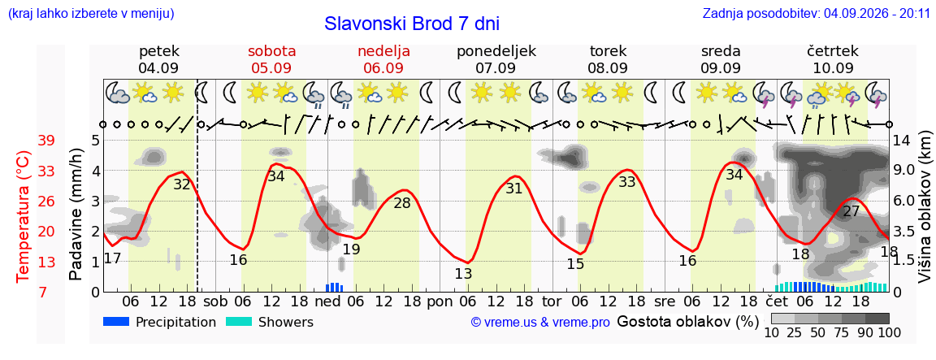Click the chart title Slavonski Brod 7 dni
[412, 24]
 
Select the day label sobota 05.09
[272, 59]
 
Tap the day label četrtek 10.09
[833, 59]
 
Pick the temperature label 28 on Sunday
[402, 202]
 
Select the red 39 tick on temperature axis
[46, 141]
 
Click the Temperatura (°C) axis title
[23, 216]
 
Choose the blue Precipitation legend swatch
[116, 322]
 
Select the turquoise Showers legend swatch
[239, 322]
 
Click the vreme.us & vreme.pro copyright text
[540, 323]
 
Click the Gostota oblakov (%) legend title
[687, 322]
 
